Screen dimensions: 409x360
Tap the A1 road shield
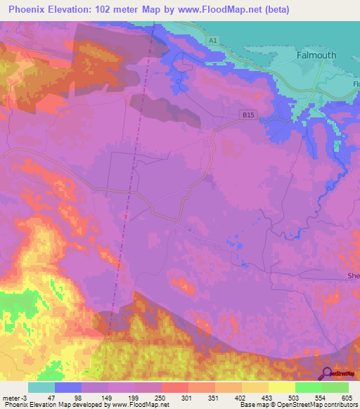point(213,41)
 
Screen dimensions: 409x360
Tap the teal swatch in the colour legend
point(41,387)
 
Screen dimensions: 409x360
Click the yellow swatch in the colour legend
point(282,387)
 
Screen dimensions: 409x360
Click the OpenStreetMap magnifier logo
point(327,374)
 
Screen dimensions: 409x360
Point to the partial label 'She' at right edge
point(353,276)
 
